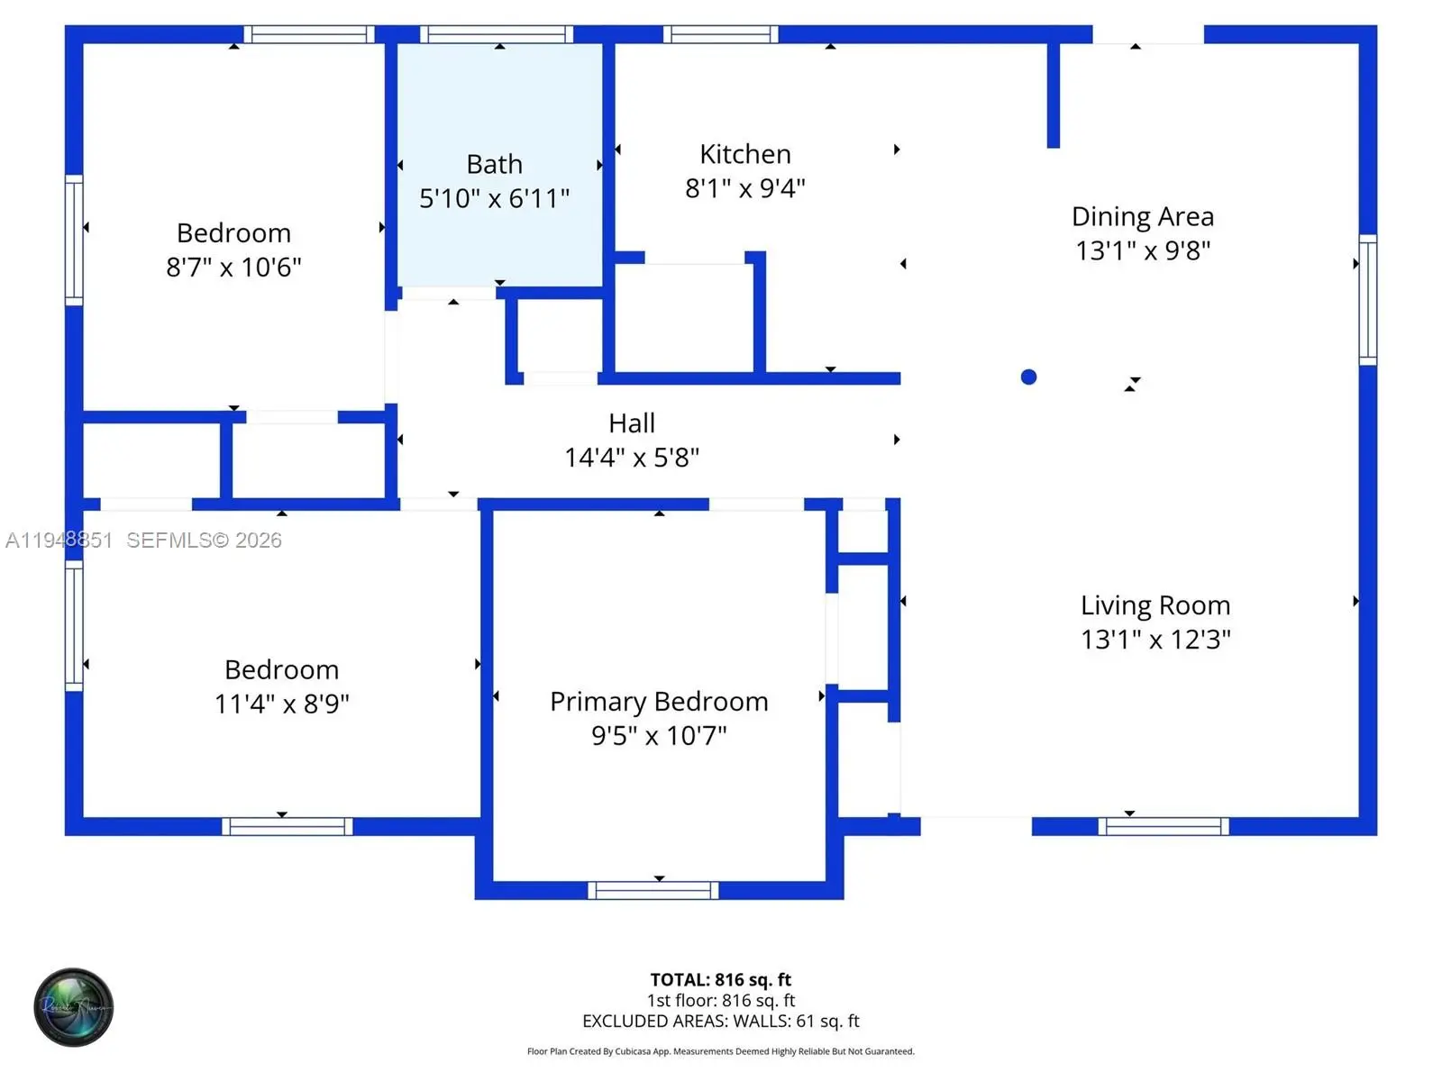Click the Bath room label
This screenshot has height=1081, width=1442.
click(x=494, y=165)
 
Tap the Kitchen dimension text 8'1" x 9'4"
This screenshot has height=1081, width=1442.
click(x=744, y=188)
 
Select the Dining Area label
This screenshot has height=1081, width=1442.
click(x=1142, y=217)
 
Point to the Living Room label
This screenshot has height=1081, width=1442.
click(x=1155, y=605)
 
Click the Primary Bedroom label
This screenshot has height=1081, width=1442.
click(x=659, y=702)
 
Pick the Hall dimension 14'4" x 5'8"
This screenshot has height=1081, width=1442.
click(x=631, y=458)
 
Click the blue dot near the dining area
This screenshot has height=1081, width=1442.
click(x=1028, y=377)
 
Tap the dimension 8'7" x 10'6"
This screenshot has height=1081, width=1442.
click(x=233, y=268)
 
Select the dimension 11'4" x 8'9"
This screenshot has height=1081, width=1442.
click(x=281, y=704)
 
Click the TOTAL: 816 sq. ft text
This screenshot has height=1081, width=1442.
click(x=720, y=979)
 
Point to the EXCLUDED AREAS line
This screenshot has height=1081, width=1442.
click(x=720, y=1021)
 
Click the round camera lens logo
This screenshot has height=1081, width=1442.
click(x=73, y=1007)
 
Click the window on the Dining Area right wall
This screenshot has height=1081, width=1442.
click(x=1367, y=300)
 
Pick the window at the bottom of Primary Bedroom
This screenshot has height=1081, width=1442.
click(x=653, y=890)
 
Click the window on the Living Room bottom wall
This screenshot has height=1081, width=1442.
click(x=1163, y=826)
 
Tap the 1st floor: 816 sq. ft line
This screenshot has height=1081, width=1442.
click(x=720, y=1000)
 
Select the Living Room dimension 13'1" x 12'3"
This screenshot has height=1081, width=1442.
click(x=1155, y=640)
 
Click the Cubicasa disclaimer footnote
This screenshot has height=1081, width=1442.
click(x=720, y=1051)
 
